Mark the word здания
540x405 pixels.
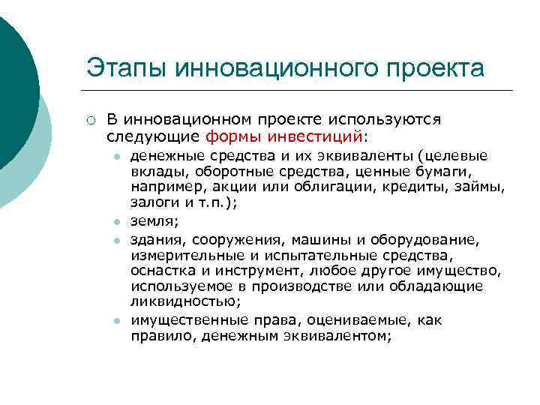[157, 239]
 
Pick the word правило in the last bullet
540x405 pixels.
[157, 337]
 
